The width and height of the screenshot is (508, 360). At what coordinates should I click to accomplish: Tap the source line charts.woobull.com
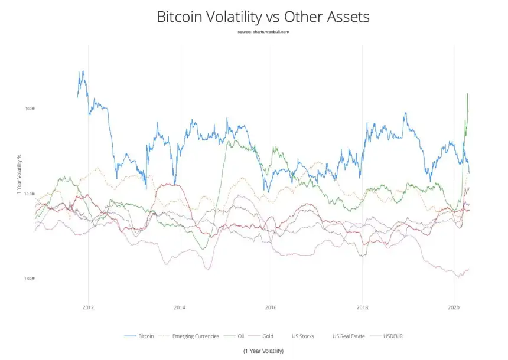click(263, 31)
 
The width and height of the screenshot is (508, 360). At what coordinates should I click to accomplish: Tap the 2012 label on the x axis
click(89, 307)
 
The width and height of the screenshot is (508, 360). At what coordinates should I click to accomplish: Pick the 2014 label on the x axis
click(180, 307)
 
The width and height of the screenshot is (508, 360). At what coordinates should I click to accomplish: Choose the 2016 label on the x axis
click(271, 307)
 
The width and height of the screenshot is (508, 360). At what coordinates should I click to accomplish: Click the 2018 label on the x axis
click(362, 307)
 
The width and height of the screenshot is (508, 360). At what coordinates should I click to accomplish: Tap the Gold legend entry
click(268, 336)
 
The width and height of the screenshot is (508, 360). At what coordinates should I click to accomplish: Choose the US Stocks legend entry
click(303, 336)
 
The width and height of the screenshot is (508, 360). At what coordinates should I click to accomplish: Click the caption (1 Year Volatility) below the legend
click(263, 351)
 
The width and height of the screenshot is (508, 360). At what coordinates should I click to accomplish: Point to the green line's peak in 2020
click(468, 94)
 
